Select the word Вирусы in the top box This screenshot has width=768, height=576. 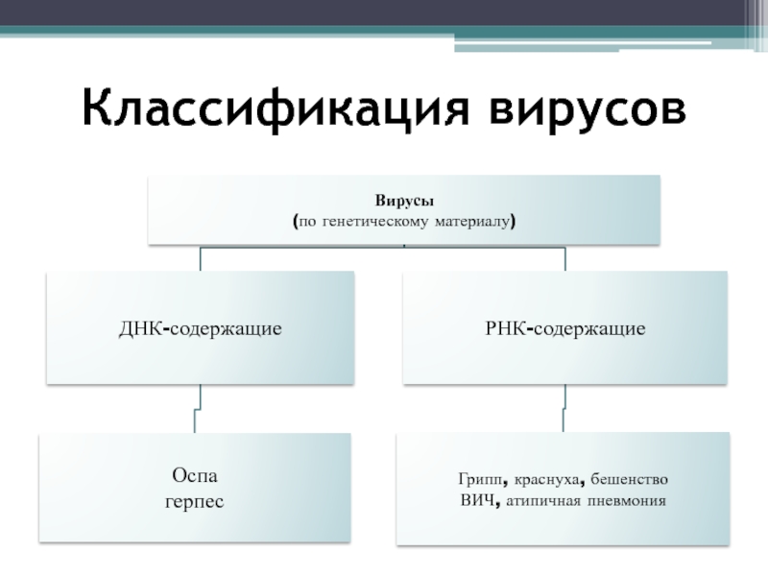coord(404,202)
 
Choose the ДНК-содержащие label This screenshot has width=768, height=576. coord(201,328)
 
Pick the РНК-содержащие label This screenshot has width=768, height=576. coord(565,328)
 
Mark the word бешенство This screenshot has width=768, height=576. coord(630,479)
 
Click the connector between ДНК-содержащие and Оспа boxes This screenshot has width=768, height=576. coord(198,408)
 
